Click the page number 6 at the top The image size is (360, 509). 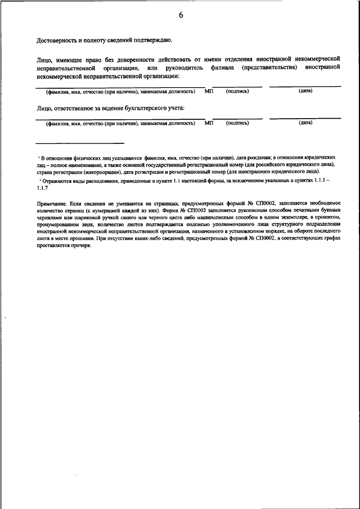[x=181, y=16]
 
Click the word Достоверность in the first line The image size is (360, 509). [x=55, y=40]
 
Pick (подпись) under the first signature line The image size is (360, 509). [x=237, y=91]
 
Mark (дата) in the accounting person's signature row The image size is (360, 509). [x=305, y=122]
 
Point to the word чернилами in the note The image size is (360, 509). [x=48, y=215]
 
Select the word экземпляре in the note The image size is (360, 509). [x=280, y=215]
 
